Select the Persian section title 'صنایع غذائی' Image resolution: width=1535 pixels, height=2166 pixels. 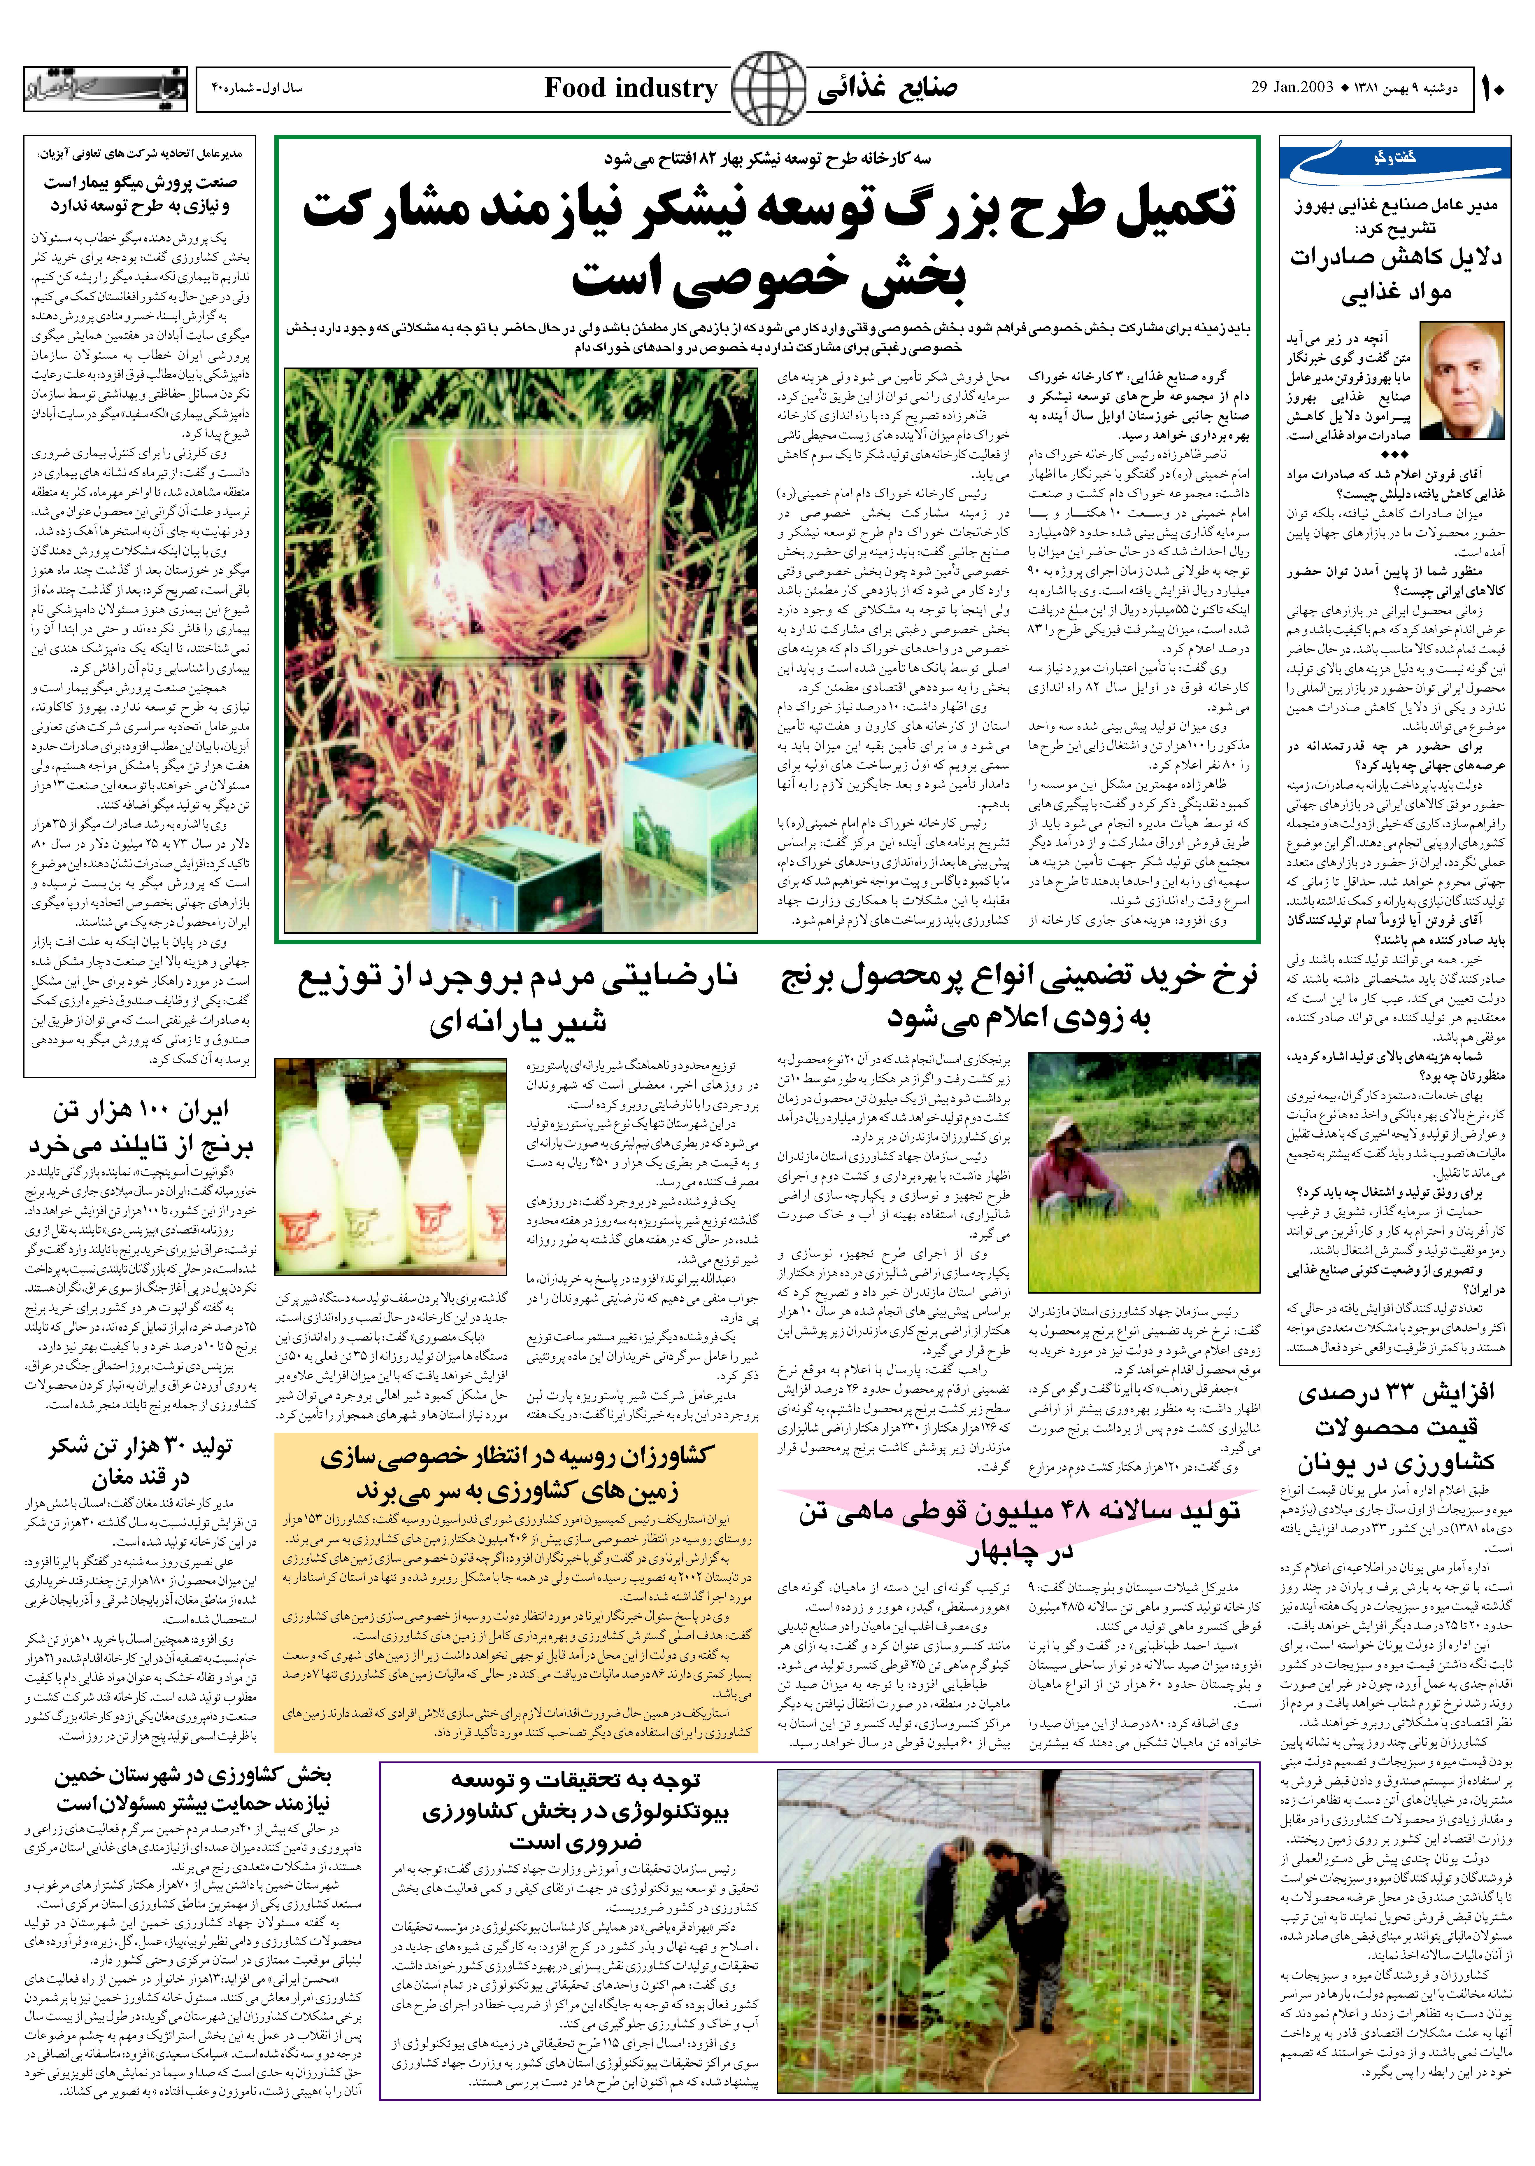887,89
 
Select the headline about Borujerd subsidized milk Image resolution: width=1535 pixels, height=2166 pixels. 518,999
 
